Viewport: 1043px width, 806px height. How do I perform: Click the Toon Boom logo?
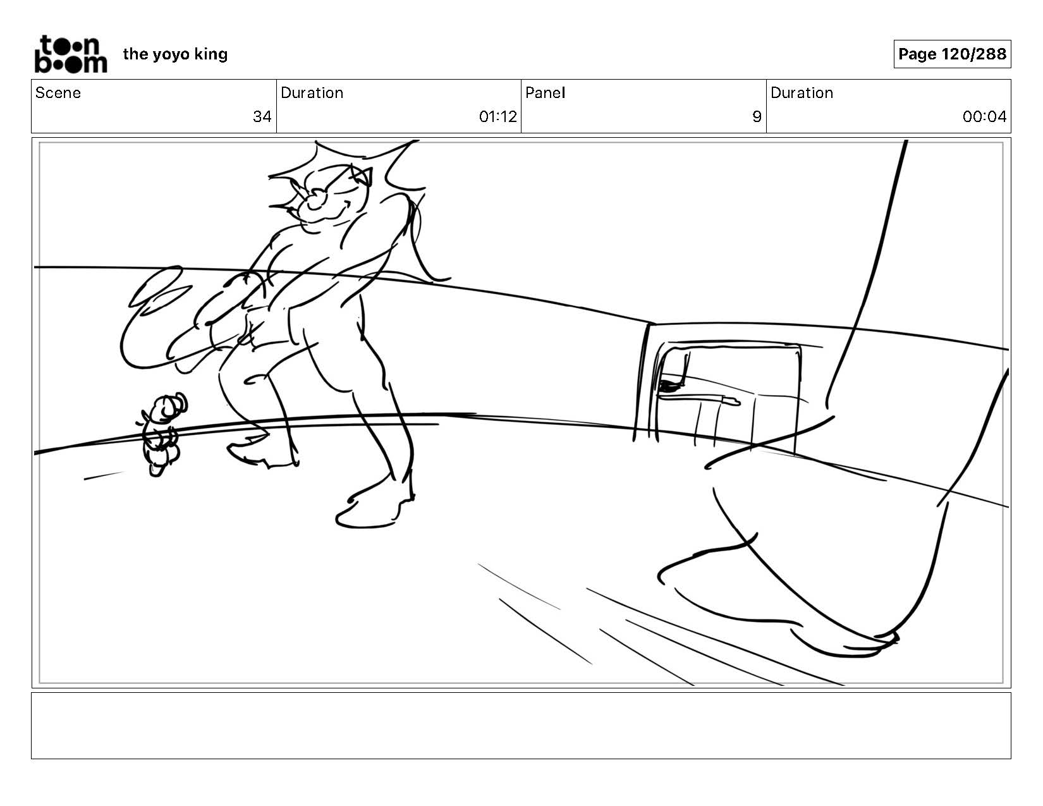click(x=71, y=54)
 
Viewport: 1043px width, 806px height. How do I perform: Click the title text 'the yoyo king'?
click(x=175, y=54)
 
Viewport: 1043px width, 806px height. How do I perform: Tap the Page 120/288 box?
click(x=952, y=54)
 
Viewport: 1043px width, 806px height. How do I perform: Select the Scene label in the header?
click(x=58, y=93)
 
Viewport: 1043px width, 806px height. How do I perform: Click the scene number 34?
click(x=262, y=117)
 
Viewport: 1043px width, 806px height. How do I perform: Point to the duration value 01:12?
click(x=497, y=117)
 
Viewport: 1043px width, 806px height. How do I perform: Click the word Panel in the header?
click(x=546, y=93)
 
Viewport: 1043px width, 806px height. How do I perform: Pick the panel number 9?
click(x=757, y=117)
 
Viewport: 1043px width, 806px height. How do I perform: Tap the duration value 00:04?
click(x=984, y=117)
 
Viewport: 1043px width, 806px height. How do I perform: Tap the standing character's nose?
click(x=316, y=198)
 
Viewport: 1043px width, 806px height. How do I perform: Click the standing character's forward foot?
click(x=370, y=509)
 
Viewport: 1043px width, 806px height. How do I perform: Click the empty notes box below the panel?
click(x=521, y=725)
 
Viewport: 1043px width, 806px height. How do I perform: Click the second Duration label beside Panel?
click(x=802, y=93)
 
